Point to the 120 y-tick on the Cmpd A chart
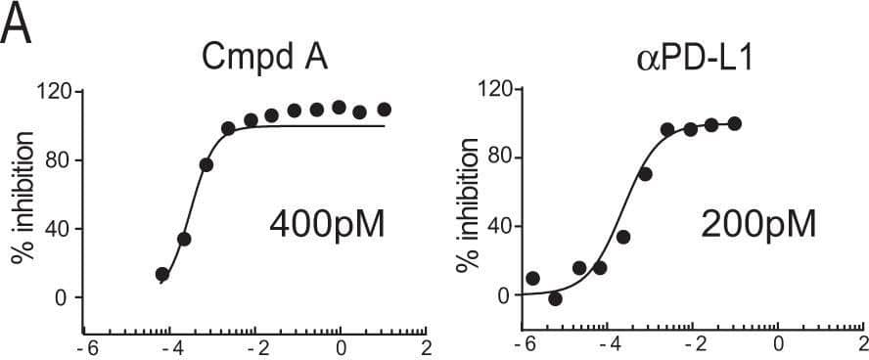tap(55, 92)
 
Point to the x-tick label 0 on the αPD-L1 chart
tap(778, 345)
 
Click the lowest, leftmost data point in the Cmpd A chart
tap(162, 274)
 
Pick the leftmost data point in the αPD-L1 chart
tap(532, 279)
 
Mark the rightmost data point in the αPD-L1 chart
tap(735, 123)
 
